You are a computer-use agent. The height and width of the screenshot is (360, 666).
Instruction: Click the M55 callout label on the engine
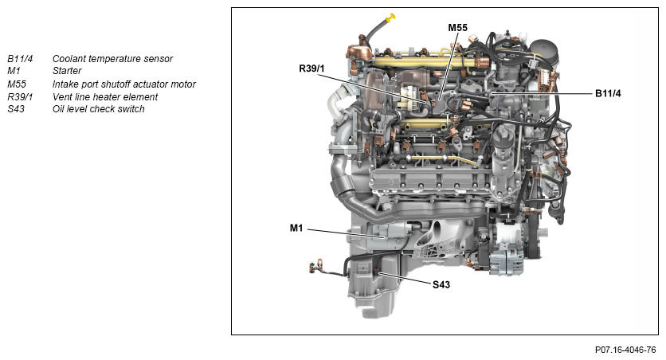(x=457, y=28)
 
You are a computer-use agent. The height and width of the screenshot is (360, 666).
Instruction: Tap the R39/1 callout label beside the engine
(x=311, y=68)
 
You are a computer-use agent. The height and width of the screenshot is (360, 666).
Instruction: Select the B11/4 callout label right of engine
(x=608, y=93)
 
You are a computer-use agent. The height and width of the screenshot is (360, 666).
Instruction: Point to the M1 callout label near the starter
(x=296, y=228)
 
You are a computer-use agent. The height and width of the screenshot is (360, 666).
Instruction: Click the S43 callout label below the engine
(x=441, y=284)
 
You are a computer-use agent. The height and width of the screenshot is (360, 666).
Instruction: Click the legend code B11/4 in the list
(x=20, y=59)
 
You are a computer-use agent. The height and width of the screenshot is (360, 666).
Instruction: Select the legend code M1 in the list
(x=14, y=70)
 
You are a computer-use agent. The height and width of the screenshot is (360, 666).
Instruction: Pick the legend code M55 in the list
(x=17, y=84)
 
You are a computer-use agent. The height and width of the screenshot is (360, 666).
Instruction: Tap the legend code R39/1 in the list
(x=20, y=97)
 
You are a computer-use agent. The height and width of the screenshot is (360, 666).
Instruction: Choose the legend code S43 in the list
(x=16, y=108)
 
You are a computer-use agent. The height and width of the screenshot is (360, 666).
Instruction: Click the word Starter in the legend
(x=67, y=70)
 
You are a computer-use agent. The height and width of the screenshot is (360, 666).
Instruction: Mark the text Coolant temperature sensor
(x=112, y=59)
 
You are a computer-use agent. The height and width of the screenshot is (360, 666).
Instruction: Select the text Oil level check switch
(x=99, y=108)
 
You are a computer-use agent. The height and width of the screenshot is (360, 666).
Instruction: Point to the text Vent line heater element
(x=105, y=97)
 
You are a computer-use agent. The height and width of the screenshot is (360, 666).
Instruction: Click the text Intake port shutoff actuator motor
(x=124, y=84)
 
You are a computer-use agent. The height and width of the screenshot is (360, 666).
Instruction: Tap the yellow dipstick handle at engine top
(x=390, y=17)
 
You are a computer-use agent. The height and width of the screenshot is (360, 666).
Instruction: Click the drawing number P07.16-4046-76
(x=625, y=350)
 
